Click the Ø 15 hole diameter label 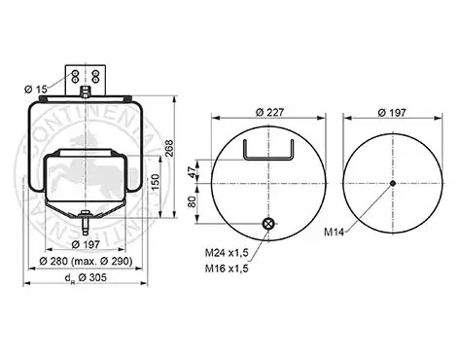pyautogui.click(x=36, y=89)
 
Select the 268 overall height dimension pyautogui.click(x=170, y=148)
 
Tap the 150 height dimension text pyautogui.click(x=156, y=183)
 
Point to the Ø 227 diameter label pyautogui.click(x=269, y=112)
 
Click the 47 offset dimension pyautogui.click(x=193, y=171)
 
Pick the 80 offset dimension pyautogui.click(x=193, y=201)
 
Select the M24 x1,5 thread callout pyautogui.click(x=227, y=253)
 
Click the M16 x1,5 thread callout pyautogui.click(x=227, y=269)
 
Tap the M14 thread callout pyautogui.click(x=334, y=233)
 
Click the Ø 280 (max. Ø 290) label pyautogui.click(x=86, y=261)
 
